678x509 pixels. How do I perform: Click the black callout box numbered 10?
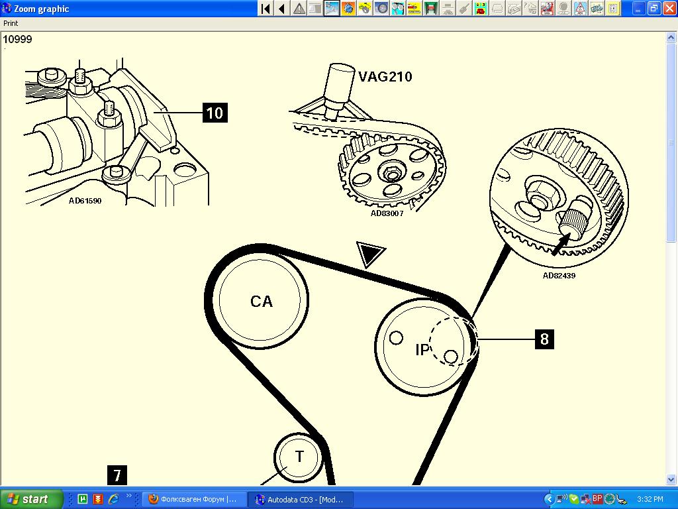click(215, 113)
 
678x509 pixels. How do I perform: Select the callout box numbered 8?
click(544, 339)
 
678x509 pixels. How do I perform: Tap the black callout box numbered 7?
click(117, 476)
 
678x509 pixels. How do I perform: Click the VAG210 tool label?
click(385, 77)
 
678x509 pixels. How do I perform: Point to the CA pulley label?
click(262, 302)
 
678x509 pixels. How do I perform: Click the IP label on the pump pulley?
click(422, 350)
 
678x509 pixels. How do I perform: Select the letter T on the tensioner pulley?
click(299, 456)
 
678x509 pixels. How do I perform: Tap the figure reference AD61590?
click(85, 201)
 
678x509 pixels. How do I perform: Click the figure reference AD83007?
click(387, 213)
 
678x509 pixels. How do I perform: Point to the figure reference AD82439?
click(559, 276)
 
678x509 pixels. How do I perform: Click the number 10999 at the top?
click(17, 39)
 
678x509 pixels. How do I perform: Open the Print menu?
click(11, 23)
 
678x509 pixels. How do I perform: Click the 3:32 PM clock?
click(650, 499)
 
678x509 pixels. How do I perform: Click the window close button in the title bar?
click(667, 8)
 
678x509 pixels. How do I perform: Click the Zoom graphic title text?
click(42, 9)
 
